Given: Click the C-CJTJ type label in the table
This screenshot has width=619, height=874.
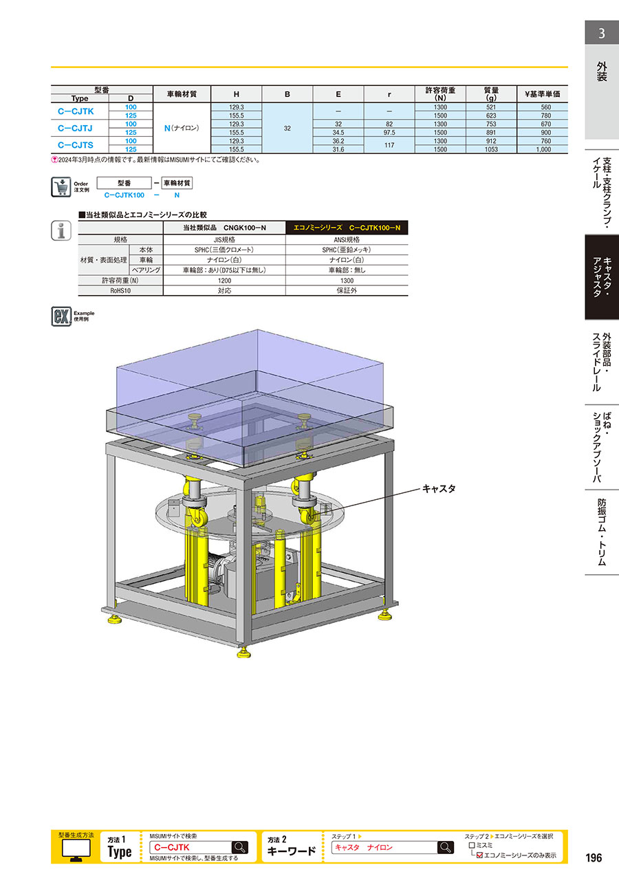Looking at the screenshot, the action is click(76, 128).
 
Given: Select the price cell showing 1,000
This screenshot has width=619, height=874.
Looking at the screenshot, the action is click(543, 149).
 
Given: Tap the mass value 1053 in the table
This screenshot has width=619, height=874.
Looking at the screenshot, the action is click(491, 149).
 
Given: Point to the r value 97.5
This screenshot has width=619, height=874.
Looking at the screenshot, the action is click(389, 132).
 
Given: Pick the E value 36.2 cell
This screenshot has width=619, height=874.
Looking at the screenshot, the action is click(338, 141).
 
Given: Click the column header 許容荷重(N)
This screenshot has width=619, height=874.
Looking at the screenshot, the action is click(440, 94).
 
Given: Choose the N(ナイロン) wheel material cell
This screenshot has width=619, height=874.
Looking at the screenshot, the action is click(182, 128).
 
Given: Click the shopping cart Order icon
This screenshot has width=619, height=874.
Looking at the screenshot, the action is click(61, 187).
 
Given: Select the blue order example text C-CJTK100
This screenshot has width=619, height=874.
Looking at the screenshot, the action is click(124, 195).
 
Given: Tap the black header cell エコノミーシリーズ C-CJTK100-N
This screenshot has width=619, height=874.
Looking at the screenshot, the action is click(347, 228).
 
